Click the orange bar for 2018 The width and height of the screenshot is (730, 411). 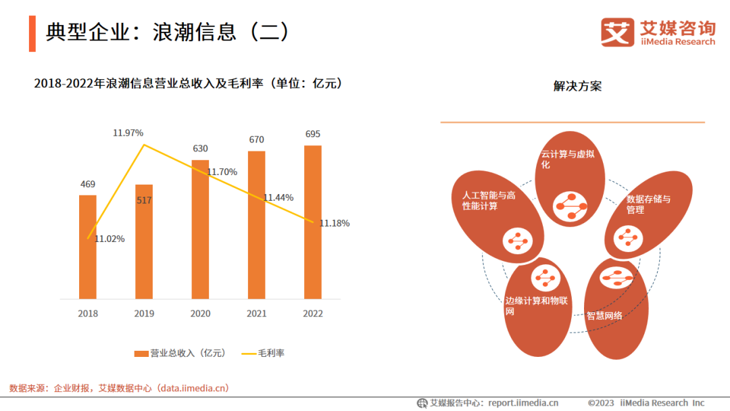point(88,247)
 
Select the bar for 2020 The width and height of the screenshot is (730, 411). point(200,230)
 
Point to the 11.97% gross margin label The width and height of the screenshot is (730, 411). point(128,132)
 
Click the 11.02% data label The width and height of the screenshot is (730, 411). point(109,239)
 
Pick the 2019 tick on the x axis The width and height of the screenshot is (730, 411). point(144,314)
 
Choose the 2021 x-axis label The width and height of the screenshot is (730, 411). point(256,314)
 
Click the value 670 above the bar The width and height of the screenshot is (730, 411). point(256,139)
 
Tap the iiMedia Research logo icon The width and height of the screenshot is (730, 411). point(618,32)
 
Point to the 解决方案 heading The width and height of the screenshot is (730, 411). point(577,87)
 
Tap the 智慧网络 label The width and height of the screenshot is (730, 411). point(604,315)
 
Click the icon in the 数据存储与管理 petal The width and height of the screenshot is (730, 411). point(627,238)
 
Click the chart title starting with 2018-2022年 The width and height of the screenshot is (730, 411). point(188,84)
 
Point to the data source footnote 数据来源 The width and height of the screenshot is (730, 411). point(119,388)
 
